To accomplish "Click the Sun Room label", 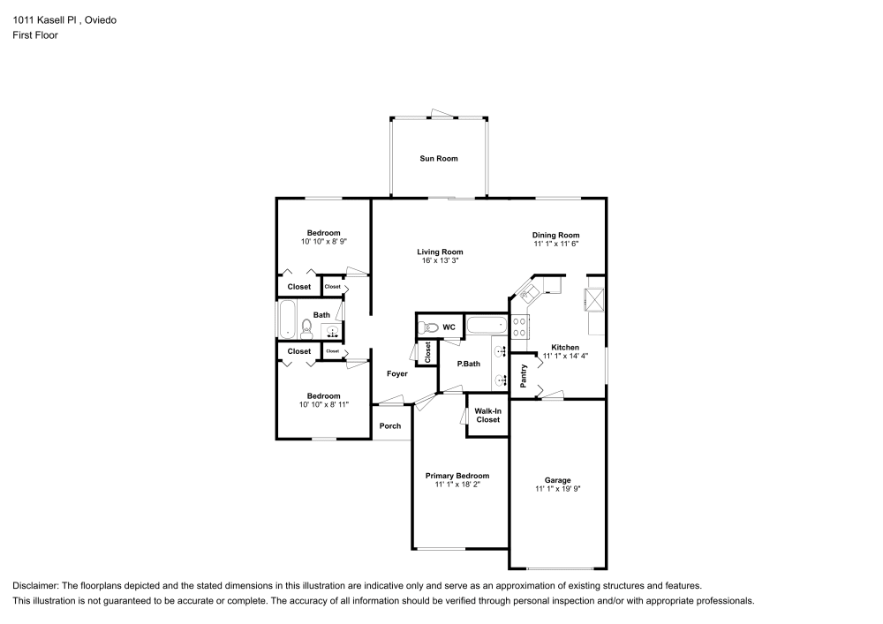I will (x=439, y=159).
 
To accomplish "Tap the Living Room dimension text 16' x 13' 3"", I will (x=440, y=261).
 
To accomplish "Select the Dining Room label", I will (x=555, y=235).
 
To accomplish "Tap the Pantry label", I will (x=524, y=375).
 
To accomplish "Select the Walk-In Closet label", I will (x=487, y=415).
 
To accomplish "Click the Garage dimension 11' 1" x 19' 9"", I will (x=557, y=488).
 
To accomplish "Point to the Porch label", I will (x=390, y=426).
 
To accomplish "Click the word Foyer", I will (x=397, y=374).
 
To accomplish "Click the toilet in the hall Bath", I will (x=306, y=329).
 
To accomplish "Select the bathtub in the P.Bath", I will (x=487, y=326).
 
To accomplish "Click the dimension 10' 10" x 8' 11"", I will (x=323, y=404).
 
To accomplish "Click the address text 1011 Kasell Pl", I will (x=46, y=20).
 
